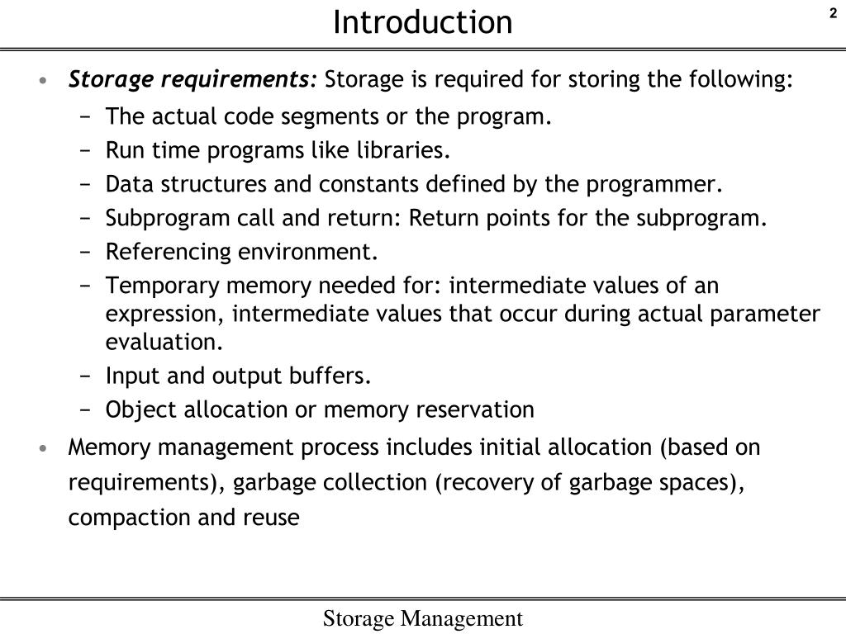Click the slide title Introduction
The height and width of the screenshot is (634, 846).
422,22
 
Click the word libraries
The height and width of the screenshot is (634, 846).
404,151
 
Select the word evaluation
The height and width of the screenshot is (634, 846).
164,342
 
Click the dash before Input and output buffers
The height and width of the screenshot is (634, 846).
86,377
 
